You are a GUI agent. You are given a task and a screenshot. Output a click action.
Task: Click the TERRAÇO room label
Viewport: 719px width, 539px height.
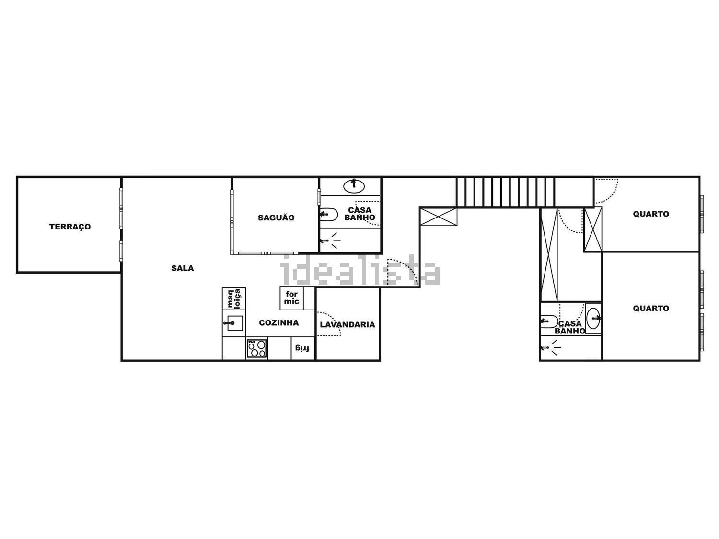(x=70, y=227)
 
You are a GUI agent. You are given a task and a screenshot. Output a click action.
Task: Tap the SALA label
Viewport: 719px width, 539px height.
(x=183, y=268)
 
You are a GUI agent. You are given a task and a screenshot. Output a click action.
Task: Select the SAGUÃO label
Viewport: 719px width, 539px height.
(x=276, y=218)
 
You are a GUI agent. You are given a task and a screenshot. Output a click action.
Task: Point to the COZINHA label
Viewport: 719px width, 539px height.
(x=279, y=322)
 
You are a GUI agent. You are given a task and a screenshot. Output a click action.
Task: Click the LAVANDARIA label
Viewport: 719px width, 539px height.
(x=347, y=324)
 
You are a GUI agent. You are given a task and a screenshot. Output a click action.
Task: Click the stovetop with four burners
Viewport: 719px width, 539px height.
(x=257, y=348)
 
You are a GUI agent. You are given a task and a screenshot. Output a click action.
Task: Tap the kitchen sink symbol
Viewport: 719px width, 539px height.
(x=234, y=323)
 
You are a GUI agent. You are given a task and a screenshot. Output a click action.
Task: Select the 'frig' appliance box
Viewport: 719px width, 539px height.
(x=303, y=348)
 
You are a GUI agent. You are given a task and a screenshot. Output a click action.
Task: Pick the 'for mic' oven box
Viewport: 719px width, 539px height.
(x=292, y=298)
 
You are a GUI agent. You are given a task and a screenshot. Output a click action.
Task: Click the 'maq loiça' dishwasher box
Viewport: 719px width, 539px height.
(x=234, y=298)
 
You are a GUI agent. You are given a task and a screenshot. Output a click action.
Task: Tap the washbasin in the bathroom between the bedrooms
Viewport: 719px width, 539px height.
(x=593, y=318)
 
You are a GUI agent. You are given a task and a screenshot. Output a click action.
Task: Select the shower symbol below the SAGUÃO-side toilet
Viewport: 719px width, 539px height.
(x=331, y=241)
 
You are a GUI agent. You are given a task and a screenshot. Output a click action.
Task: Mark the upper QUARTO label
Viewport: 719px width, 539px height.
(x=651, y=214)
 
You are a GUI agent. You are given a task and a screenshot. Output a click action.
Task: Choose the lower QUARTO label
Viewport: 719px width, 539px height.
(x=651, y=308)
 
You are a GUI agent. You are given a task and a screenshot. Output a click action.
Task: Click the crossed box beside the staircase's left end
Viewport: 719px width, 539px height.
(x=438, y=217)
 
